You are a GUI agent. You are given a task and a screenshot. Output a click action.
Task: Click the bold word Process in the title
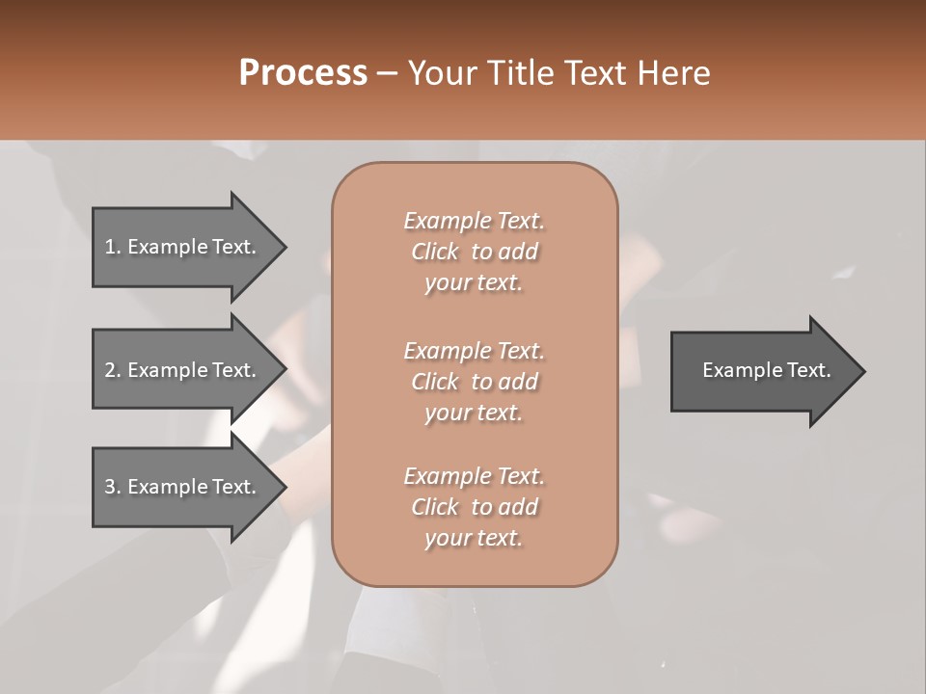point(303,73)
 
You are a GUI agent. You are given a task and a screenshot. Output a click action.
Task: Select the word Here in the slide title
point(676,73)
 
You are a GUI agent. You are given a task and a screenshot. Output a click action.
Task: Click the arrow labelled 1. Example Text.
point(180,247)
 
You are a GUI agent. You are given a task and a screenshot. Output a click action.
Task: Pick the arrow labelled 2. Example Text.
point(180,370)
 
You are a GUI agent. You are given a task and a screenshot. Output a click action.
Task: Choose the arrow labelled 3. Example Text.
point(180,487)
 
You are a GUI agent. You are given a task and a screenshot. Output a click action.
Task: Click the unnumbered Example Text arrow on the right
point(766,370)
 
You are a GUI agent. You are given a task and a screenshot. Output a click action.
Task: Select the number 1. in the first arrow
point(112,247)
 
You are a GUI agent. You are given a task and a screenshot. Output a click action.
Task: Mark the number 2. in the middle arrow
point(112,370)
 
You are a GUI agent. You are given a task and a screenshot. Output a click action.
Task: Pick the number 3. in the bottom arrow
point(112,487)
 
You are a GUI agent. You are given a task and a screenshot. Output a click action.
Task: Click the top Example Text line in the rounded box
point(474,221)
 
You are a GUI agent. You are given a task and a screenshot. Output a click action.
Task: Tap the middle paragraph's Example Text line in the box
point(474,350)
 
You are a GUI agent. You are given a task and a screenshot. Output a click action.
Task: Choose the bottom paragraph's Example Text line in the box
point(474,476)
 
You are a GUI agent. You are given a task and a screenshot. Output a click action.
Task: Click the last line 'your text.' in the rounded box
point(474,538)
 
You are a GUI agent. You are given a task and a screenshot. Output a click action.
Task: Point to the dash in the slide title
point(388,73)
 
